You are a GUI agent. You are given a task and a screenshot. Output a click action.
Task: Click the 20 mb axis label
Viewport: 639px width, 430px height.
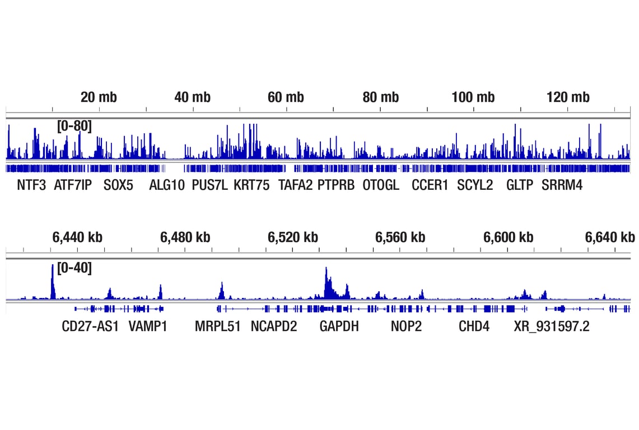[x=99, y=97]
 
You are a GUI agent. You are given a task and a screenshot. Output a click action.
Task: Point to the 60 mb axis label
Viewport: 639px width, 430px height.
[x=286, y=97]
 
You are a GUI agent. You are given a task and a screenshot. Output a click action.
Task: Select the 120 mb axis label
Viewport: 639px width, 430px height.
[x=568, y=97]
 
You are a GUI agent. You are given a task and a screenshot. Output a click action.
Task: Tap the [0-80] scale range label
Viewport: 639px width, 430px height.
[x=74, y=126]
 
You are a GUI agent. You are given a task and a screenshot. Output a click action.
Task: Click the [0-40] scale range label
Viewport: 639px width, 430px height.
[x=74, y=268]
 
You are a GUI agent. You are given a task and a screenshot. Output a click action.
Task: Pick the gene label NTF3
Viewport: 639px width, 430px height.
[x=31, y=185]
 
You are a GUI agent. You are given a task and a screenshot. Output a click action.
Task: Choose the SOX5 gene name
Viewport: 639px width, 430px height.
[x=119, y=185]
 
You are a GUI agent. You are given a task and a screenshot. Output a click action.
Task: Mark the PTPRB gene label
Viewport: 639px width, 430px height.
[x=336, y=185]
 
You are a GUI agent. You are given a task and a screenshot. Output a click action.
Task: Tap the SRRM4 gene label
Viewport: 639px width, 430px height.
[x=562, y=185]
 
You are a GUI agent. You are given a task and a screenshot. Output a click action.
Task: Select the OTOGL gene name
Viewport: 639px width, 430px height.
[x=381, y=185]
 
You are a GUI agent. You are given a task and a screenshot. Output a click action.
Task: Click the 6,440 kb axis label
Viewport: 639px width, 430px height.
[x=78, y=237]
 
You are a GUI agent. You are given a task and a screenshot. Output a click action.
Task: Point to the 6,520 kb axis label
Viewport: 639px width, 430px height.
[x=293, y=237]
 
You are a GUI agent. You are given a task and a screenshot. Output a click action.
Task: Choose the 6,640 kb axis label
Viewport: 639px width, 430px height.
[x=610, y=237]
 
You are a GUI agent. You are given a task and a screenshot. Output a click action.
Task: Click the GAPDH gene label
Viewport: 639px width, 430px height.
[x=339, y=326]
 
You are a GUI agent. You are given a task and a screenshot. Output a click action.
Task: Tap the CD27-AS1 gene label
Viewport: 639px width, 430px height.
[x=90, y=326]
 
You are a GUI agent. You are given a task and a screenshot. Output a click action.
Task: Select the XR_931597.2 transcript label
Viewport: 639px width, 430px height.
[x=552, y=326]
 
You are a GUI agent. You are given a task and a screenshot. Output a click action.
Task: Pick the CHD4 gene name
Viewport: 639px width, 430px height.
[x=474, y=326]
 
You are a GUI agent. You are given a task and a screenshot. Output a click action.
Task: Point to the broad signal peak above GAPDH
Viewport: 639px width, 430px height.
[x=329, y=286]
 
